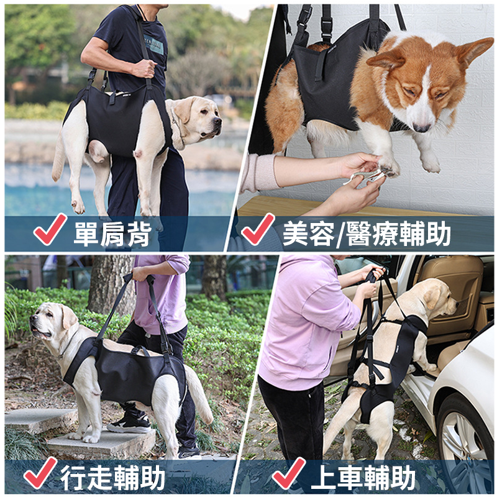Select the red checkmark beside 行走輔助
click(x=40, y=472)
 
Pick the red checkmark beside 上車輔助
click(x=288, y=472)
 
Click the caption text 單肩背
click(x=112, y=234)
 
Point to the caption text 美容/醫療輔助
click(x=367, y=234)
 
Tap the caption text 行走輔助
click(x=113, y=477)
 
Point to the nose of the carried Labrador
click(x=217, y=121)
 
